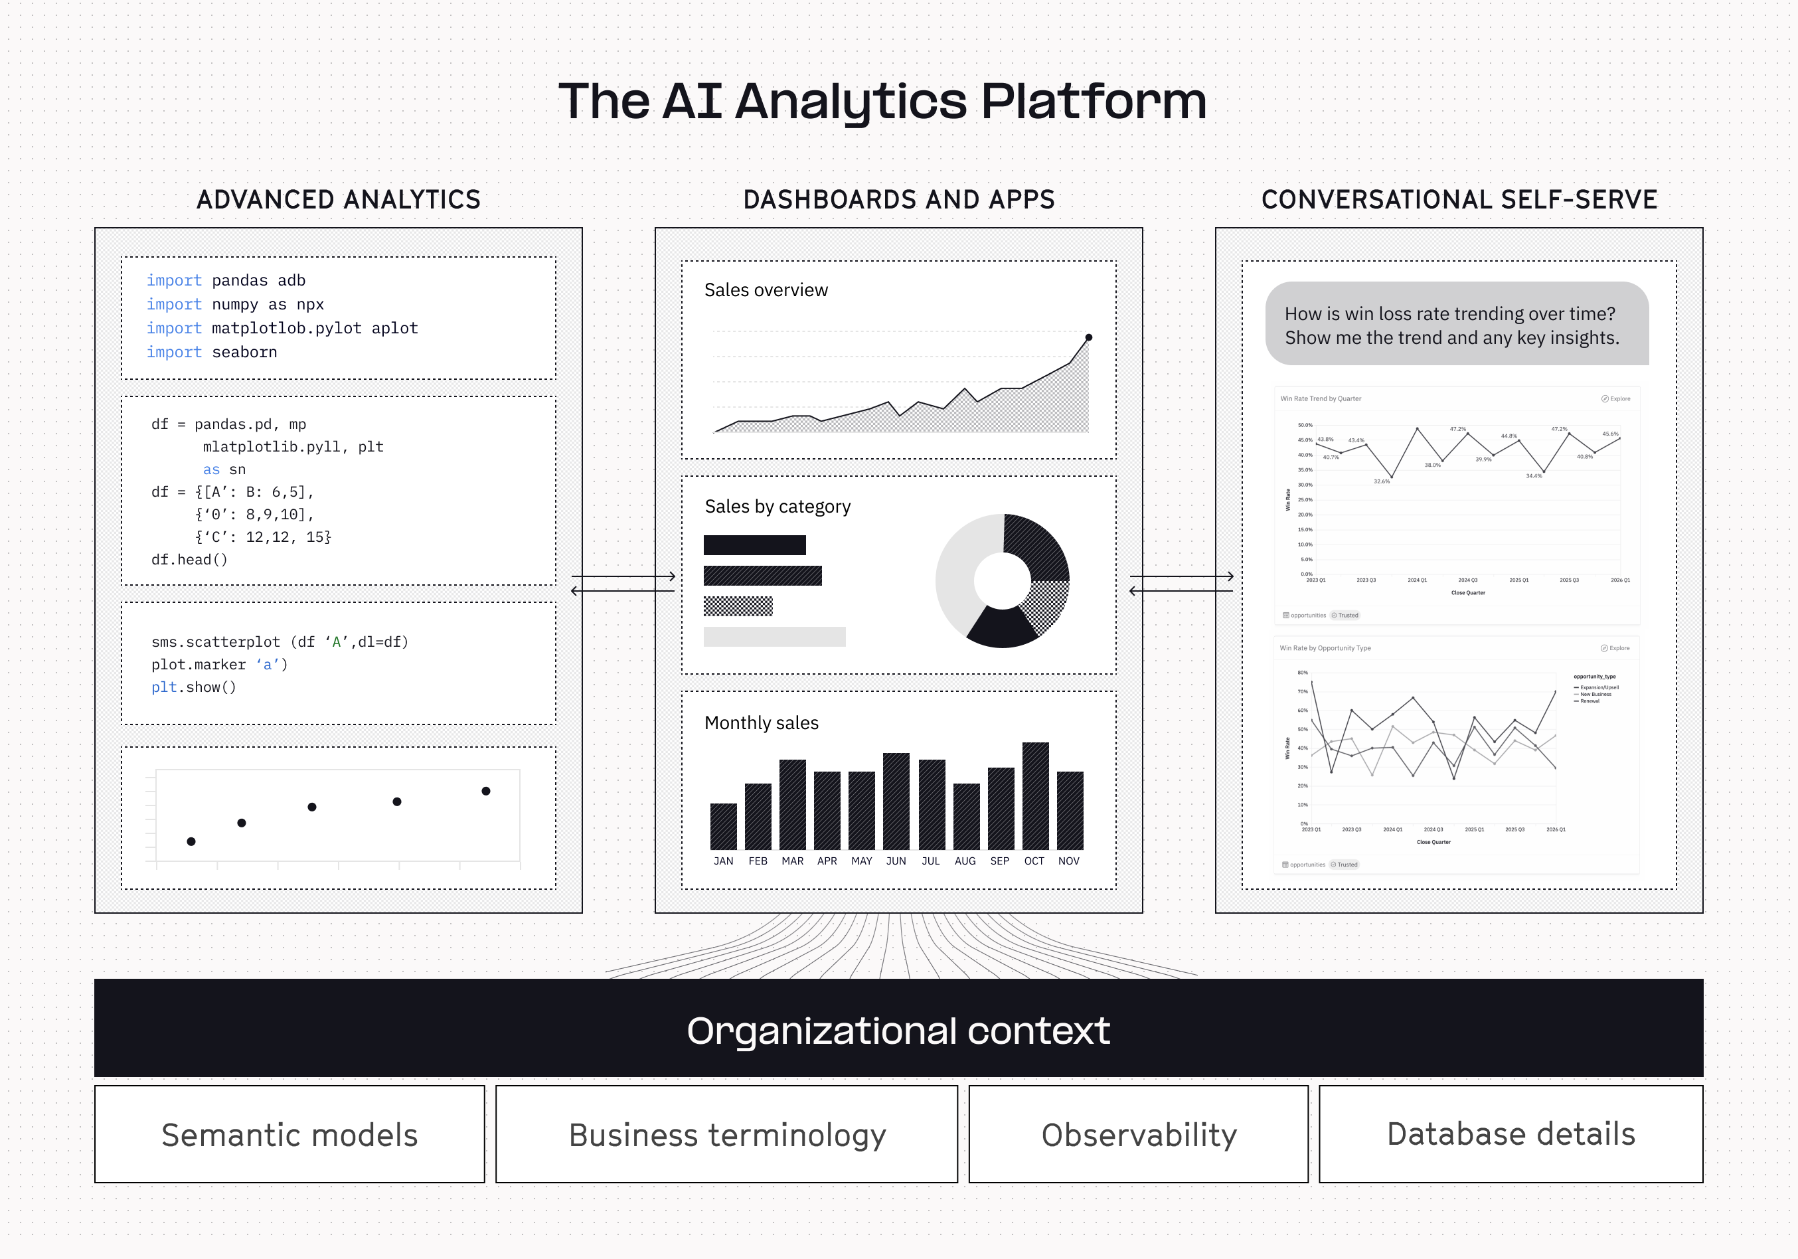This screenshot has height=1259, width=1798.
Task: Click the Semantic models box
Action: (289, 1135)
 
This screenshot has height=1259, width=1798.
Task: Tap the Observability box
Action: (1138, 1135)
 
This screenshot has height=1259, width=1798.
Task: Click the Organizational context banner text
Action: (898, 1031)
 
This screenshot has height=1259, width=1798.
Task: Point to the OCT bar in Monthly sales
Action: (1035, 796)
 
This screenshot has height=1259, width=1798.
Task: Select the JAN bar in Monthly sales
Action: (723, 827)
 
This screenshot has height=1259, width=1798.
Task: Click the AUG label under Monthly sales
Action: (965, 861)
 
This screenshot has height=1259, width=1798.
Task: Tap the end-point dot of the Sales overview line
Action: (1088, 337)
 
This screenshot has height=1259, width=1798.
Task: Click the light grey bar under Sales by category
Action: (774, 637)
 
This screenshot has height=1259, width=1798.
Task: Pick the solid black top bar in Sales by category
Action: (754, 545)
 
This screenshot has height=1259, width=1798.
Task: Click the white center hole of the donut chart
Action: (1003, 580)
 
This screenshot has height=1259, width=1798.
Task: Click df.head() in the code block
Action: (189, 560)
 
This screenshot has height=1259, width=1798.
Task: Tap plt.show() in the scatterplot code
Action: (193, 687)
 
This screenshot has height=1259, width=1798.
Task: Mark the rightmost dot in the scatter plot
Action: (485, 791)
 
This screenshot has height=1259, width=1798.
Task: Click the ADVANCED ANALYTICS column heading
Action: (339, 200)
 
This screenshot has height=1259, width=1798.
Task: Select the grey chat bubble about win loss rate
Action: (1457, 324)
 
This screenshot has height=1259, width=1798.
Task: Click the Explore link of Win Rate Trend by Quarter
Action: (1615, 398)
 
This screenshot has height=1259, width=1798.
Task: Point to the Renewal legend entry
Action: (1589, 701)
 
